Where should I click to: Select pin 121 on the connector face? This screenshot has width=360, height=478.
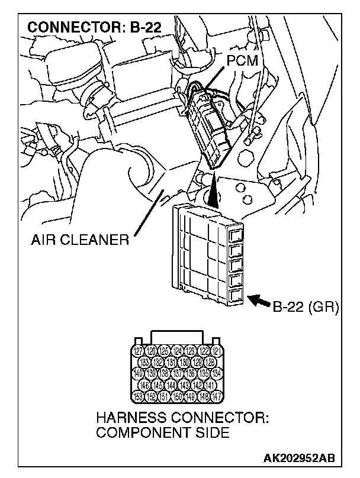[x=217, y=351]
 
